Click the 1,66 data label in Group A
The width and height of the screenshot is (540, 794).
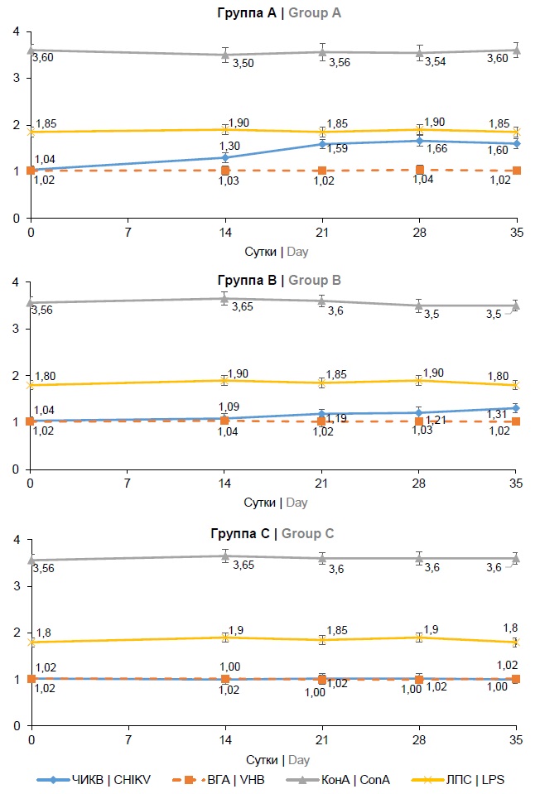click(436, 149)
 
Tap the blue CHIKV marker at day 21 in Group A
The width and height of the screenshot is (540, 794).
click(322, 144)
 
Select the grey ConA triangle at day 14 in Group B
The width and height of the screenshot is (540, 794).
click(224, 298)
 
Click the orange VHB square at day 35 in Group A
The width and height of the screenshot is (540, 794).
click(517, 171)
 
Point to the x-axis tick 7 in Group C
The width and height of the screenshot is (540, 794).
click(128, 739)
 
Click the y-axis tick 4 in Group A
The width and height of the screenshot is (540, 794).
click(15, 31)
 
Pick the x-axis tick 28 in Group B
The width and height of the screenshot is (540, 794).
click(419, 483)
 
